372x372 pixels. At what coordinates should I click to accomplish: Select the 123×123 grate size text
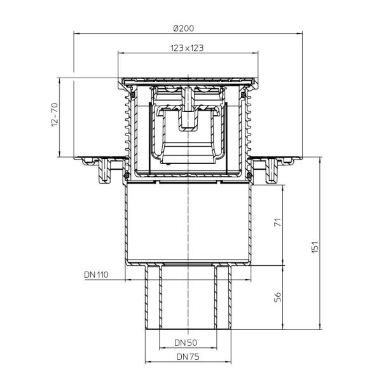(x=186, y=48)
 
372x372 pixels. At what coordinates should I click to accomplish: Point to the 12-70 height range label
(x=53, y=118)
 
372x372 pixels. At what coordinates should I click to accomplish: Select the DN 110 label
(x=97, y=275)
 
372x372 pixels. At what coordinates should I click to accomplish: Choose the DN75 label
(x=186, y=357)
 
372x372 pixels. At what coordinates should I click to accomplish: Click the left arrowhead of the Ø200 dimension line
(x=77, y=33)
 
